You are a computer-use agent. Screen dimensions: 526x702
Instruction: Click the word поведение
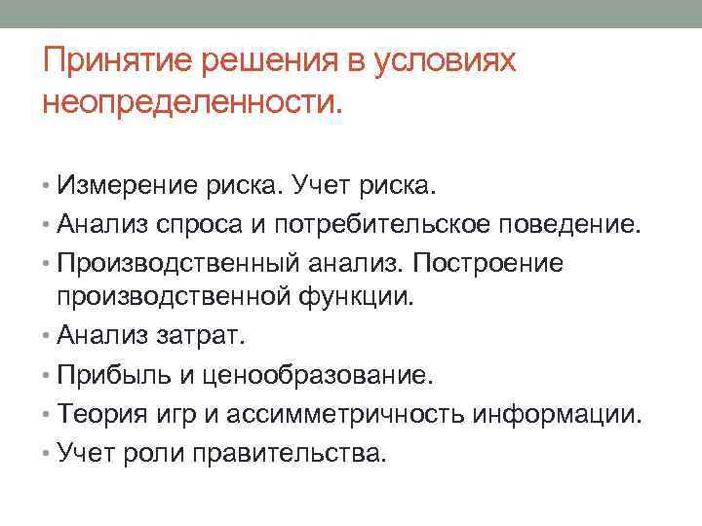[x=570, y=227]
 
